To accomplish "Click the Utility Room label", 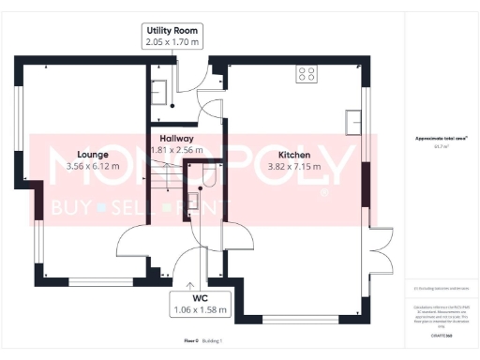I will coord(172,30).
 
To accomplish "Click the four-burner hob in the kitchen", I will coord(306,72).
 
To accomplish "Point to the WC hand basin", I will coord(193,200).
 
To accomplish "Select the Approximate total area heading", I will coord(441,139).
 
